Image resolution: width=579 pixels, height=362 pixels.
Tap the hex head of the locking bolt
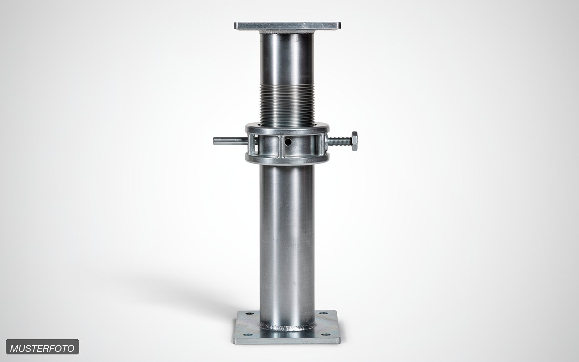click(354, 141)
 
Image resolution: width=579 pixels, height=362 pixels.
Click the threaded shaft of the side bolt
click(340, 141)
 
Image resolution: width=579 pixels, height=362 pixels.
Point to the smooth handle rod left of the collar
click(231, 141)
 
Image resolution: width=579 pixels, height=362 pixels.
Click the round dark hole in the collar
click(288, 142)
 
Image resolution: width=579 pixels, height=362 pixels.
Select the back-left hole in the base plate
click(248, 313)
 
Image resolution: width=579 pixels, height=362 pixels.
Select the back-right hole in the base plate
click(323, 313)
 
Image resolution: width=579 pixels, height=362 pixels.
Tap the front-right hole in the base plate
click(325, 334)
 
